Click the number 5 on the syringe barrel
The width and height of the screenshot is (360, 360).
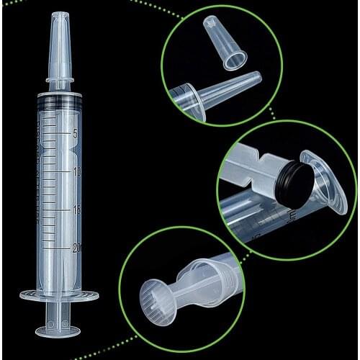coord(76,134)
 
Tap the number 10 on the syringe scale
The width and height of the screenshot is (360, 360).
coord(76,172)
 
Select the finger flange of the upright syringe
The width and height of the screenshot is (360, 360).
coord(60,294)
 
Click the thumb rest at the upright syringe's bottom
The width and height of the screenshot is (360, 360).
coord(60,330)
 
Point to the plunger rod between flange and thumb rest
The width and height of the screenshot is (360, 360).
coord(60,313)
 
